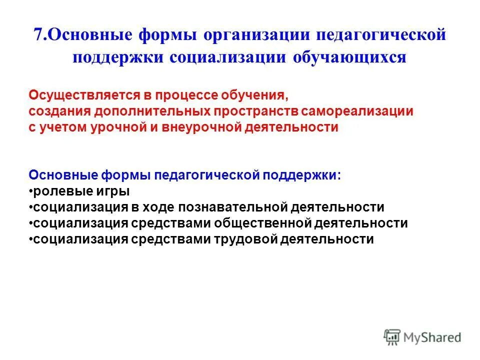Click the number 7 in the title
38,36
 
